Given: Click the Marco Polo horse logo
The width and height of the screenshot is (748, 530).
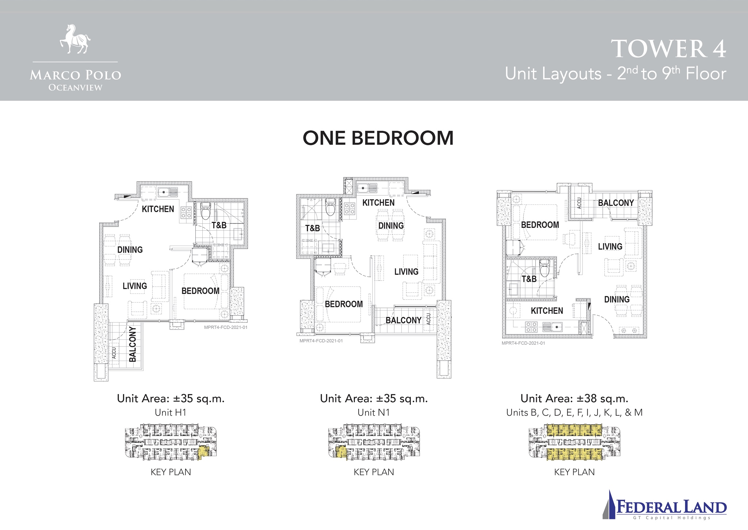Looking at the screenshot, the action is pyautogui.click(x=75, y=39).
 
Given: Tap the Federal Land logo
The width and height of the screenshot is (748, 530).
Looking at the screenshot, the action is pyautogui.click(x=664, y=505).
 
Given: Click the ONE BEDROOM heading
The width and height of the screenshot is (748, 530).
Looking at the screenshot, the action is pyautogui.click(x=378, y=138).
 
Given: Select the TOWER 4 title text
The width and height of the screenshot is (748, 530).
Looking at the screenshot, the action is pyautogui.click(x=668, y=49).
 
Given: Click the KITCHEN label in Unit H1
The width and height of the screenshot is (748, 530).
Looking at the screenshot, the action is pyautogui.click(x=158, y=209).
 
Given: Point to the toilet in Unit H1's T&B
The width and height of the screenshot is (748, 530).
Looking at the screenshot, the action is pyautogui.click(x=206, y=211).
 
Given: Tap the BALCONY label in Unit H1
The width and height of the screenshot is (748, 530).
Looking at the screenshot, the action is pyautogui.click(x=133, y=344).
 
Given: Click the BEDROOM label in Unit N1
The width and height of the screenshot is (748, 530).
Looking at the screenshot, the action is pyautogui.click(x=344, y=304).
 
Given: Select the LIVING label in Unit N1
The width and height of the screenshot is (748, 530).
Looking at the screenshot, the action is pyautogui.click(x=406, y=272).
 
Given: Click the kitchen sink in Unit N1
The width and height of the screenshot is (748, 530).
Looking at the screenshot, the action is pyautogui.click(x=367, y=188).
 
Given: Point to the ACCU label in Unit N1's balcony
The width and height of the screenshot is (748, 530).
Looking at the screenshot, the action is pyautogui.click(x=428, y=319).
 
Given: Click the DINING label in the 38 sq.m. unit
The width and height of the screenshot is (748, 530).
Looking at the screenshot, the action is pyautogui.click(x=617, y=300).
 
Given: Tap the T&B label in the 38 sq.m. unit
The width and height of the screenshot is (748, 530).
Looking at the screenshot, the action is pyautogui.click(x=529, y=279).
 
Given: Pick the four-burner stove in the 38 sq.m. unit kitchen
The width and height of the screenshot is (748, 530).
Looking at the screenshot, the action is pyautogui.click(x=531, y=327).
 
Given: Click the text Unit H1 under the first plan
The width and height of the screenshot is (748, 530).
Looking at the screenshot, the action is pyautogui.click(x=171, y=412).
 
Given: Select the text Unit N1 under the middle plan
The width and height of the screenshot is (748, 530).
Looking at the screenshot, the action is pyautogui.click(x=374, y=412).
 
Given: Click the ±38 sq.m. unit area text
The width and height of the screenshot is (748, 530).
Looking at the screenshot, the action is pyautogui.click(x=574, y=398).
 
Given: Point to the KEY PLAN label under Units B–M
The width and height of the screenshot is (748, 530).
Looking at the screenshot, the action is pyautogui.click(x=574, y=472).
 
